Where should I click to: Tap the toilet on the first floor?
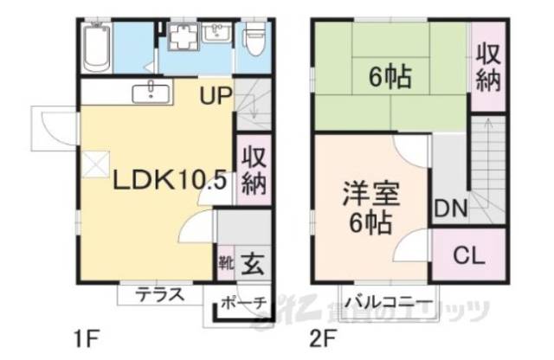pyautogui.click(x=254, y=39)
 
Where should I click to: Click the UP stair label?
pyautogui.click(x=216, y=95)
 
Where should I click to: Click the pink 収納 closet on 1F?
pyautogui.click(x=252, y=170)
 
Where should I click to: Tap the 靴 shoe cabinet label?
pyautogui.click(x=224, y=260)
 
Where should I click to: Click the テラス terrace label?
pyautogui.click(x=159, y=294)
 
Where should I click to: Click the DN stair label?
pyautogui.click(x=451, y=209)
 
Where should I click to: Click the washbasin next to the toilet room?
pyautogui.click(x=216, y=35)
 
